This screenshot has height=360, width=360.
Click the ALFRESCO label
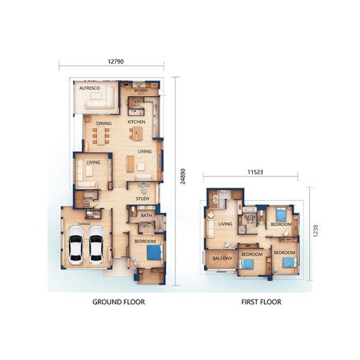coord(90,88)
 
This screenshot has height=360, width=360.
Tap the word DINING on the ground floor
coord(104,124)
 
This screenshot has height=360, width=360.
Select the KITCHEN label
coord(136,122)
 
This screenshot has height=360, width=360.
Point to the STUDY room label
coord(142,199)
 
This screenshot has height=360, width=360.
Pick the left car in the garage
coord(76,244)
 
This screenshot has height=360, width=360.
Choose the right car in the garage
coord(97,244)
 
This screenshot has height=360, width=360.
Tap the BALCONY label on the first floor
coord(223,259)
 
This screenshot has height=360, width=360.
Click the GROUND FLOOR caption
coord(119,302)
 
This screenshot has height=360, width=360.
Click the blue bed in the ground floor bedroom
coord(154,253)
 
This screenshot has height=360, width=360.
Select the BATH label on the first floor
coord(250,217)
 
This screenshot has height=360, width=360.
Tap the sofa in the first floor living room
coord(211,227)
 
